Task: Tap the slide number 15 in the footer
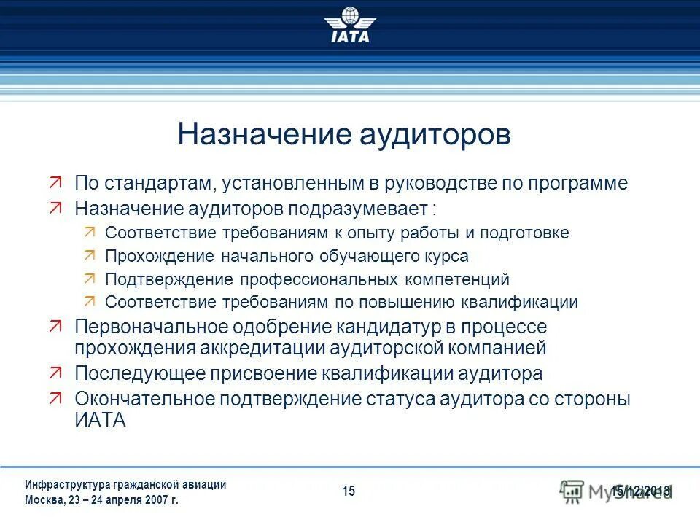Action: (349, 491)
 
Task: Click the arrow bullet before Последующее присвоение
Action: (57, 373)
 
